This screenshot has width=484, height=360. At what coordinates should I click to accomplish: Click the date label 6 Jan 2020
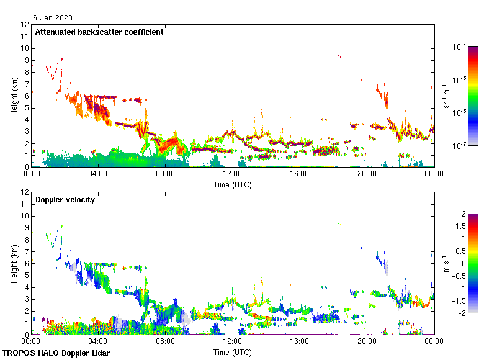pyautogui.click(x=52, y=19)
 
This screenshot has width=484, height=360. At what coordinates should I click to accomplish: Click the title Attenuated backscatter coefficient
pyautogui.click(x=99, y=32)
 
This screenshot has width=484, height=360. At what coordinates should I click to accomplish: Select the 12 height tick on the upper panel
pyautogui.click(x=25, y=25)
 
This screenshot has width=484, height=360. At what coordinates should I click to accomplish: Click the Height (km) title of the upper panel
pyautogui.click(x=14, y=96)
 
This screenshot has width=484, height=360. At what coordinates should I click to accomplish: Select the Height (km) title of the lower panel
pyautogui.click(x=14, y=264)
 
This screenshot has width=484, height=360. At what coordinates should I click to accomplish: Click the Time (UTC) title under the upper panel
pyautogui.click(x=233, y=184)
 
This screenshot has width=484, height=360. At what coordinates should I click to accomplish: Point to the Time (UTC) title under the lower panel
pyautogui.click(x=233, y=352)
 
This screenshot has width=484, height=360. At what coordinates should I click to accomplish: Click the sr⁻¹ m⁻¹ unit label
pyautogui.click(x=447, y=96)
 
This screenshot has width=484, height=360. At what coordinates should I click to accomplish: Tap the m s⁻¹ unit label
pyautogui.click(x=447, y=264)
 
